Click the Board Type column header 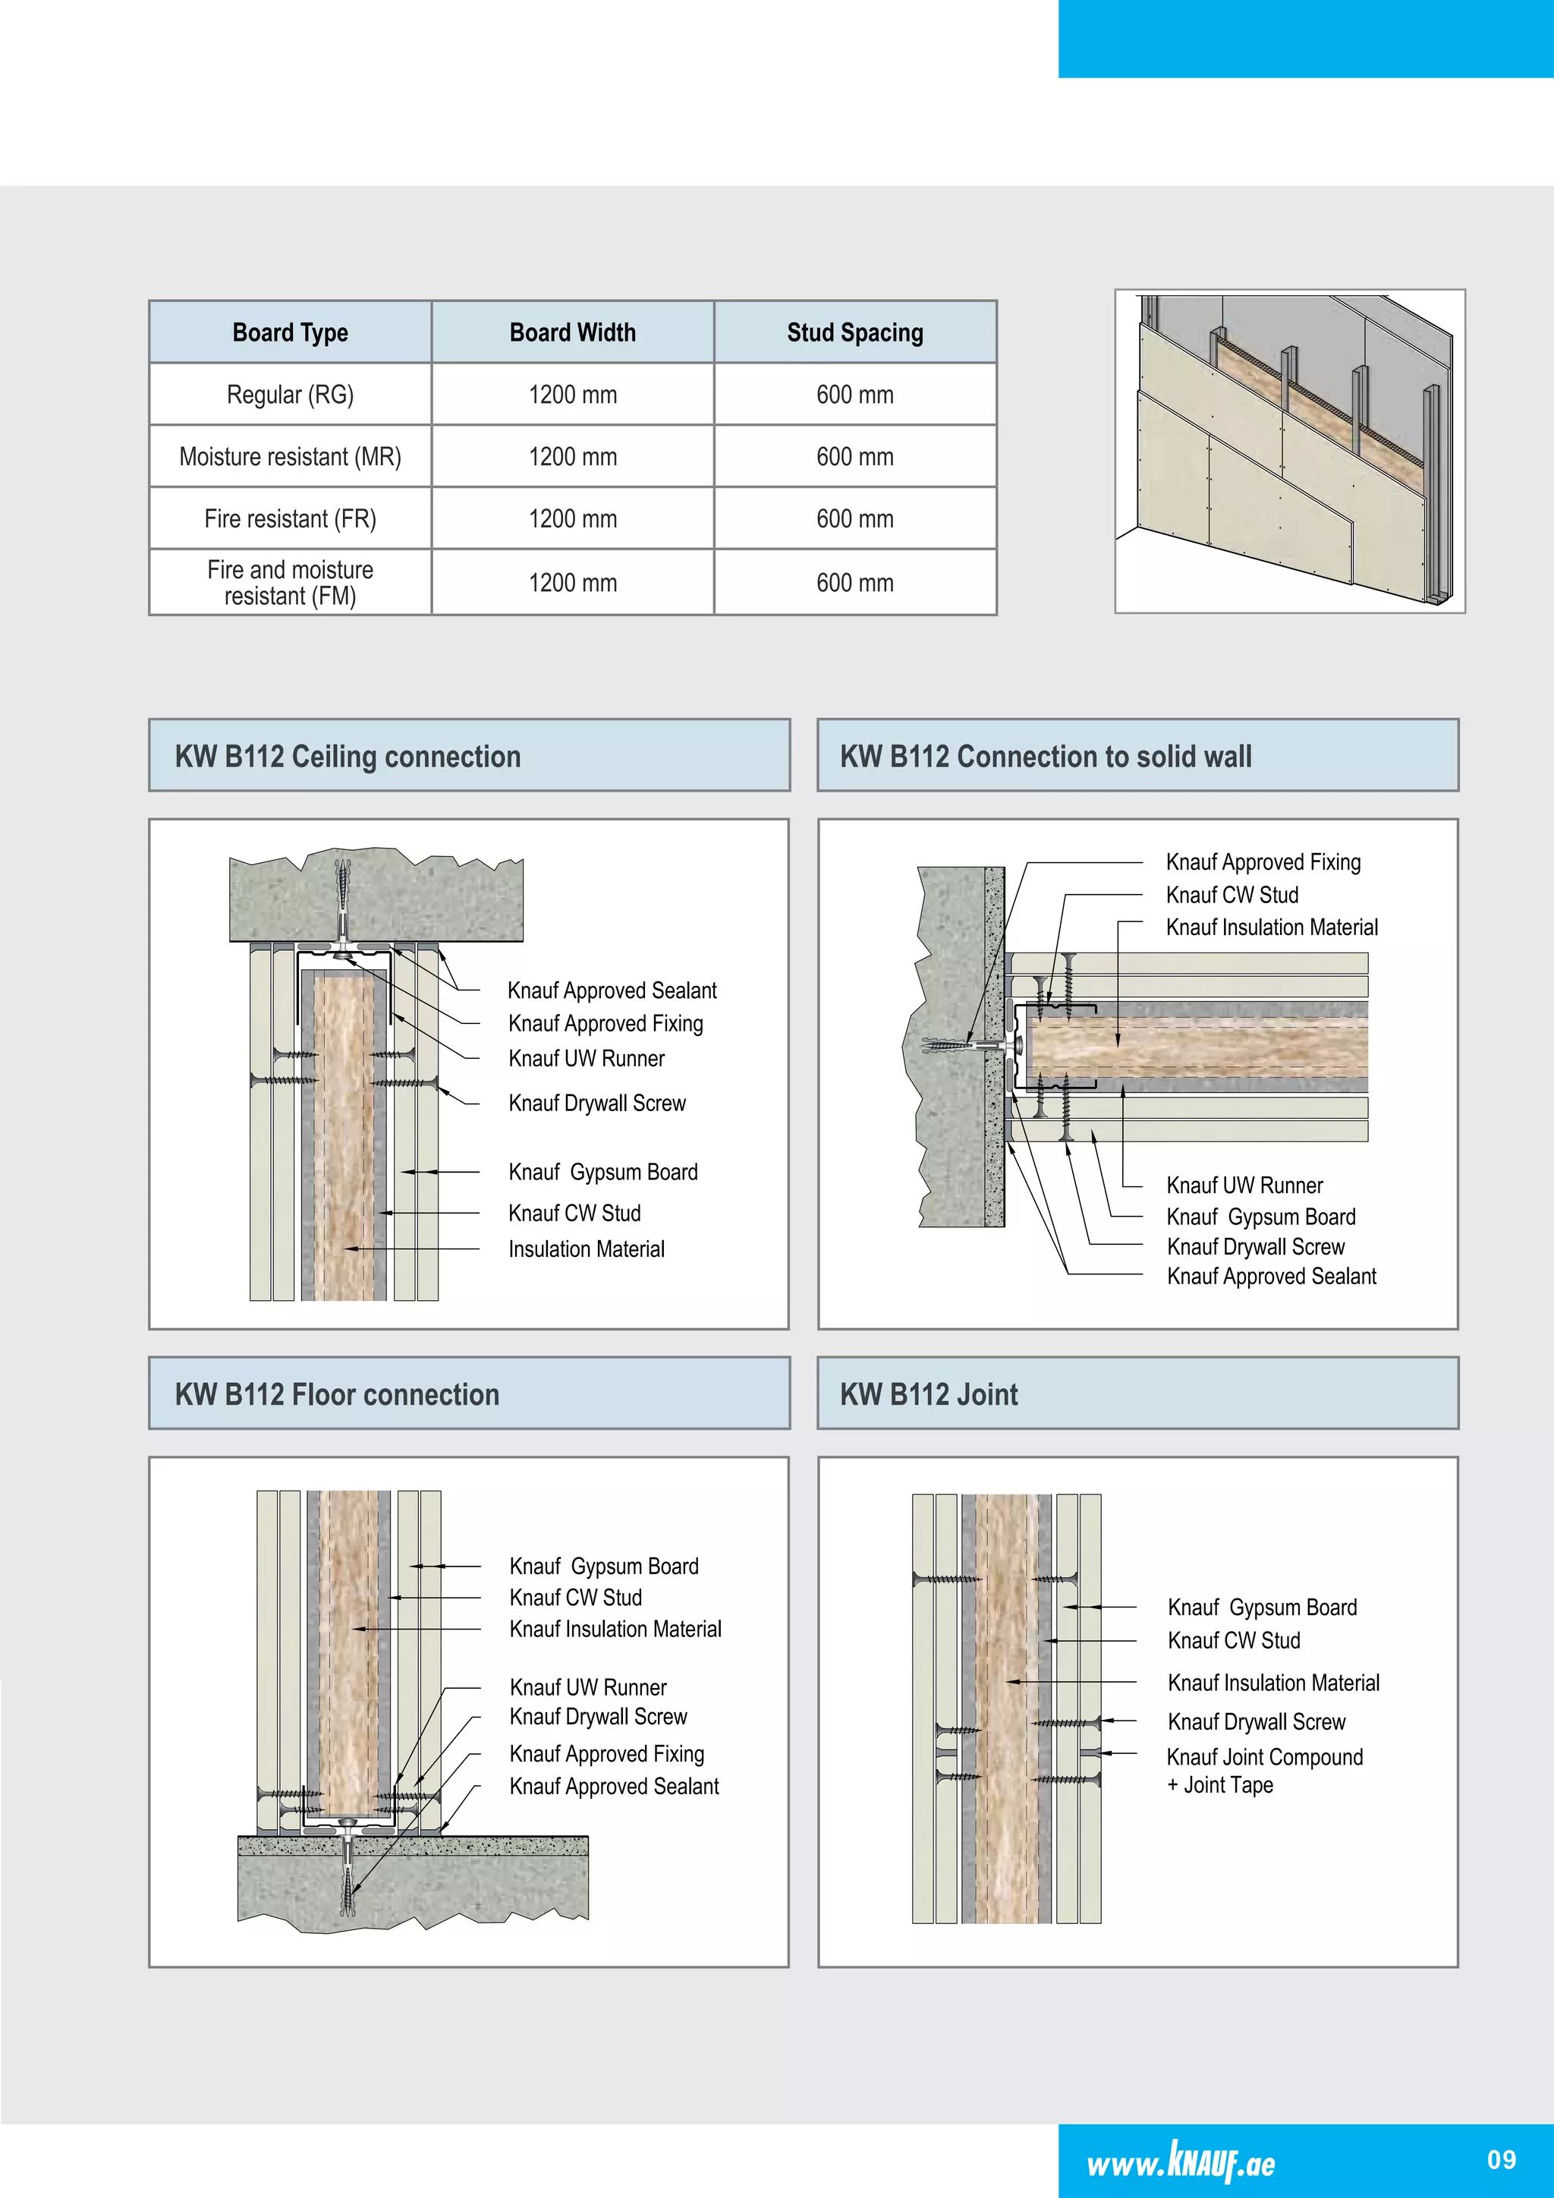click(290, 332)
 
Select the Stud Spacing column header click(854, 332)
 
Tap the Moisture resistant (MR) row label click(290, 457)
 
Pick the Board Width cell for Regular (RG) click(572, 395)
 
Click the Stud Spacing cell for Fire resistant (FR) click(854, 519)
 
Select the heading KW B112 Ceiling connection click(348, 756)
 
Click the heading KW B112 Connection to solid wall click(1045, 756)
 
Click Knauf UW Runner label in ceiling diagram click(587, 1059)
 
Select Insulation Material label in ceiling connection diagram click(586, 1249)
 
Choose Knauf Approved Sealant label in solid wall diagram click(1271, 1276)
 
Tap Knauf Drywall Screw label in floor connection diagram click(598, 1717)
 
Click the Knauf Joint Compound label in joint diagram click(1264, 1758)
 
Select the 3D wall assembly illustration click(1290, 451)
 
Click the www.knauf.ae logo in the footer click(1181, 2162)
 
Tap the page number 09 click(1502, 2160)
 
